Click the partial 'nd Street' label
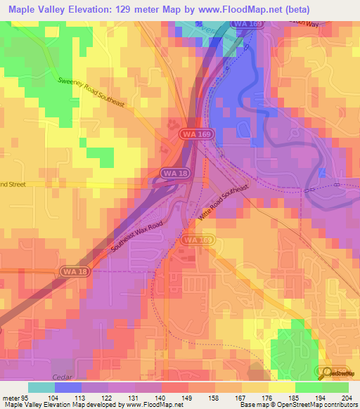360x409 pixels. coord(13,184)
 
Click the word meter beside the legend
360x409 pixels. coord(10,398)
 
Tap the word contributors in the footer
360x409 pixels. coord(341,405)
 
